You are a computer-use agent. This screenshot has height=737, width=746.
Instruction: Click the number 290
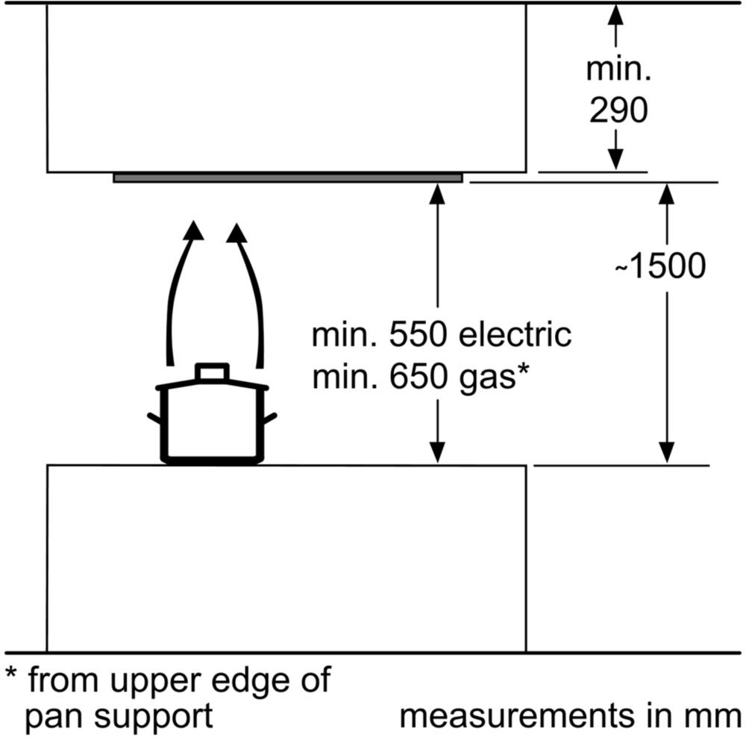point(618,110)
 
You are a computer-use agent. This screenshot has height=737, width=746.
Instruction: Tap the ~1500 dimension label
point(660,266)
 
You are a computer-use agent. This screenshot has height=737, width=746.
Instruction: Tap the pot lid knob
point(212,372)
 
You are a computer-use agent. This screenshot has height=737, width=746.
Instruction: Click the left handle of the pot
point(154,418)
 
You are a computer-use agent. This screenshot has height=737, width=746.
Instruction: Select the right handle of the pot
point(269,418)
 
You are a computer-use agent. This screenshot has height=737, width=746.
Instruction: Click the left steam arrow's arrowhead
point(193,230)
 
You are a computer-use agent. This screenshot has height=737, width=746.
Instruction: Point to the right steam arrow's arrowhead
point(237,232)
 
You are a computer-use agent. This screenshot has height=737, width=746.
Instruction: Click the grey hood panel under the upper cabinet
point(288,178)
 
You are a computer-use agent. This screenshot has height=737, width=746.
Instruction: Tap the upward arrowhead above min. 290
point(616,15)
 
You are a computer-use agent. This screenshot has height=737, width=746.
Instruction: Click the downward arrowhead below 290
point(616,159)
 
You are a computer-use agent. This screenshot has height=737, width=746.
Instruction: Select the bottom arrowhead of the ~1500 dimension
point(666,452)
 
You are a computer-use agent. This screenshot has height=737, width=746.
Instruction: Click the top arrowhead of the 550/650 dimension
point(437,194)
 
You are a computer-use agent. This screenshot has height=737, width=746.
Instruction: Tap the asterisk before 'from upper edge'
point(11,674)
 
